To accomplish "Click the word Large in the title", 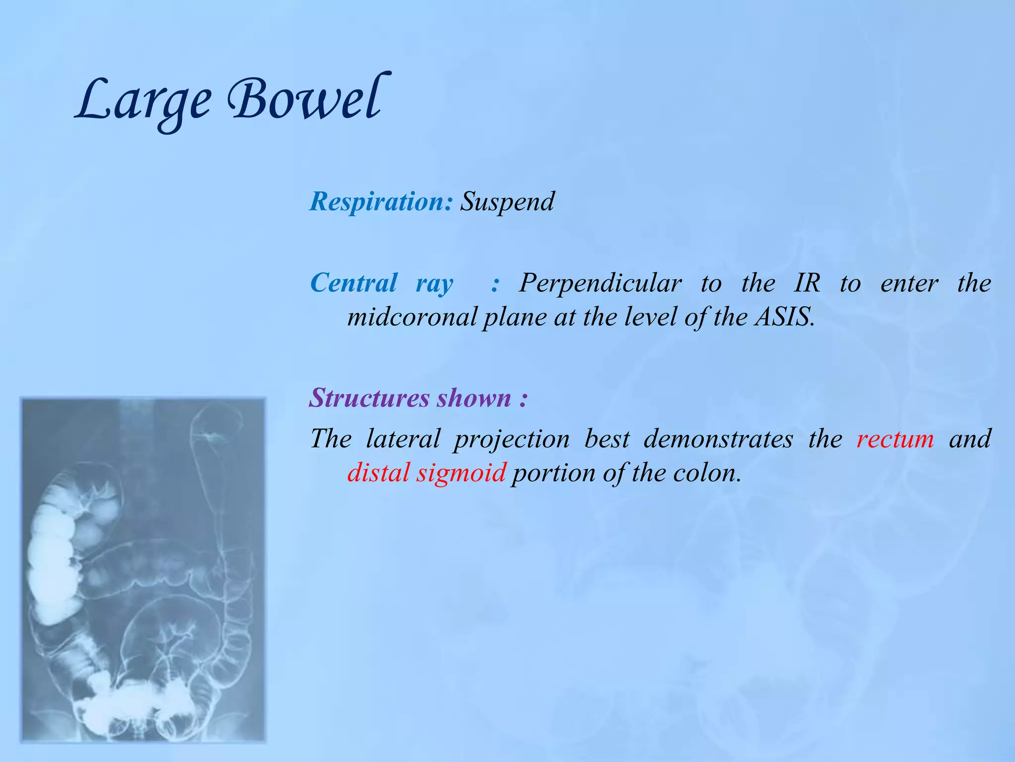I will click(x=144, y=102).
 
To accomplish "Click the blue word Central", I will click(x=353, y=283).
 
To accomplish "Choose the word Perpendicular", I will click(x=600, y=283).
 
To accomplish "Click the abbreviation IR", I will click(x=807, y=283).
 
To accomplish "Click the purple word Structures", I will click(x=369, y=398).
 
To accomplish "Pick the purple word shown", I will click(x=474, y=398).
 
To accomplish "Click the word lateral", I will click(x=402, y=439).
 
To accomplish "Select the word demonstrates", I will click(x=718, y=439).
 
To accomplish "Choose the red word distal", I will click(x=378, y=473).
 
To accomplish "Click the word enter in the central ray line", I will click(x=909, y=284).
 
